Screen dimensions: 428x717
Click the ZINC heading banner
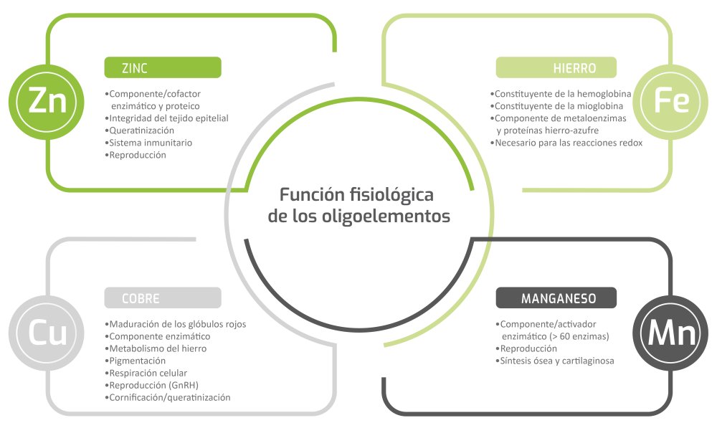[162, 67]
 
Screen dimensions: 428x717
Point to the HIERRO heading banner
[556, 68]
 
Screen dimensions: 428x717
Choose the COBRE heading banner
[162, 298]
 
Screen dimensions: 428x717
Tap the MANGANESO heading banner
[556, 298]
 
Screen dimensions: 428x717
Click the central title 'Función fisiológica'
[356, 194]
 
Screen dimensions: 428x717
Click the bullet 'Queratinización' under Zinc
[141, 130]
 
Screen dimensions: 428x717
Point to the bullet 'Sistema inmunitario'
[150, 143]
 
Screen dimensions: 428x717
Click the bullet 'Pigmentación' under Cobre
[137, 361]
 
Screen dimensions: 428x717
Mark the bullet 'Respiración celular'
[148, 373]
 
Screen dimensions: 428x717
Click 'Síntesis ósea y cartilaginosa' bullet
[556, 361]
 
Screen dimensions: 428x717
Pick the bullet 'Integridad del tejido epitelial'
[168, 118]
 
